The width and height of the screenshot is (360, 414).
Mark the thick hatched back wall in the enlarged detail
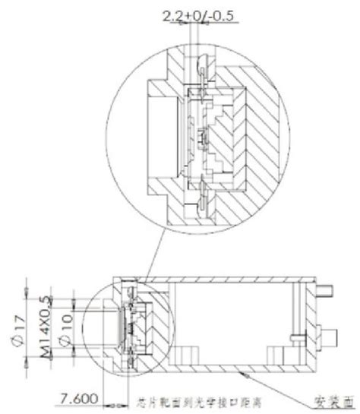(258, 137)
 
